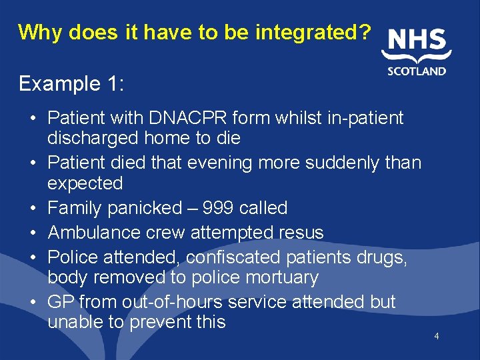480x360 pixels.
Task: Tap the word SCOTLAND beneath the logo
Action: (417, 71)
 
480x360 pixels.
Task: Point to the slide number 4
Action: (436, 336)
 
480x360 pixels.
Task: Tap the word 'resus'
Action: (303, 233)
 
